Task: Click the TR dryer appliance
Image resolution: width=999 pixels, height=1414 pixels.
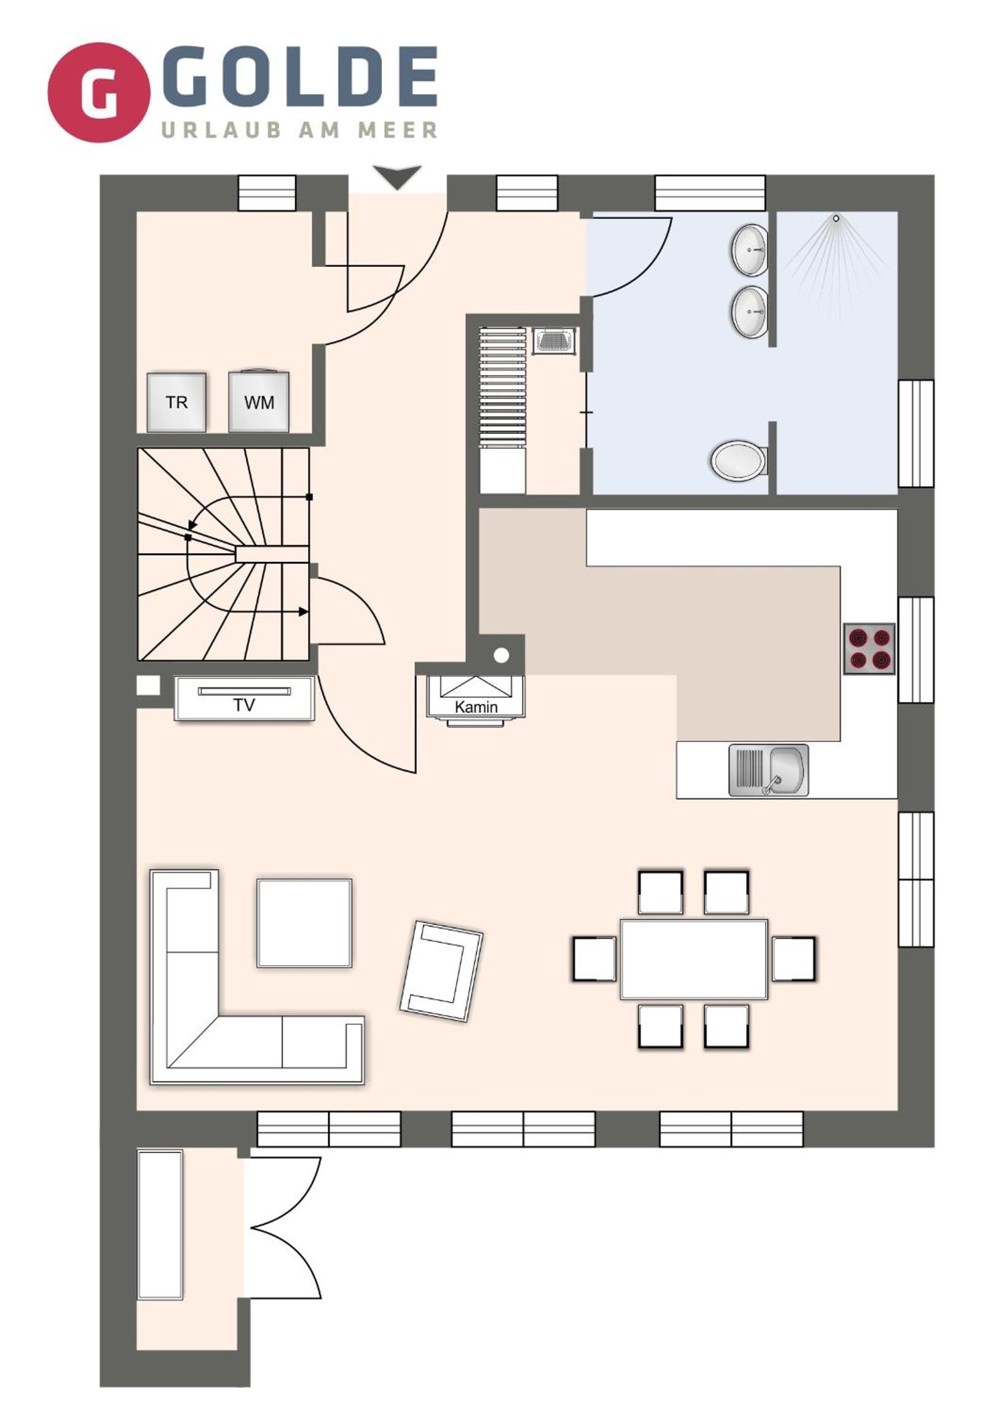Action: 177,402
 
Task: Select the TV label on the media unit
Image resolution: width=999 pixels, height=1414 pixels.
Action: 244,705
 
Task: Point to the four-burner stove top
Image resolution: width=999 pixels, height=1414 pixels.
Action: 869,649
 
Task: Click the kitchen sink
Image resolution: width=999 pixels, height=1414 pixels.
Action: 768,770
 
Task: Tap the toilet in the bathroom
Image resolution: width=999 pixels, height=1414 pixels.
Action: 739,459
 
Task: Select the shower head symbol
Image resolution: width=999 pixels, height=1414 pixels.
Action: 836,218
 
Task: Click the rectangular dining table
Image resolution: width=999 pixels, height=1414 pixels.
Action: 694,959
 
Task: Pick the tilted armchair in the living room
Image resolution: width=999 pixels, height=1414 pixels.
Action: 441,971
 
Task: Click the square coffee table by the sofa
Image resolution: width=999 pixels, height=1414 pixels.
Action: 304,923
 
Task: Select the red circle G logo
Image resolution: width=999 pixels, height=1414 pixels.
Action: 98,92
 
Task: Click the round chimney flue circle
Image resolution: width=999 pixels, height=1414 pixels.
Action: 502,655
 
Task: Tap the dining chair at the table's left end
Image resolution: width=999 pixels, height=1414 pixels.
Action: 594,959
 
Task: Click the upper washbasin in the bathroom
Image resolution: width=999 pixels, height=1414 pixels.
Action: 749,250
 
